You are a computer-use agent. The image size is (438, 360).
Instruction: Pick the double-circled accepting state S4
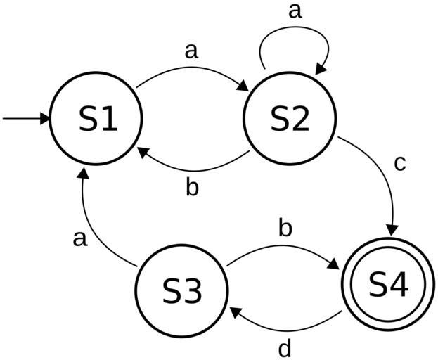tap(388, 284)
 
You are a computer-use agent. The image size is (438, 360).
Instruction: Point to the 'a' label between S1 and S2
tap(191, 51)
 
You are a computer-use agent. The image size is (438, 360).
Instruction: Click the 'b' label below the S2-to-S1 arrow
tap(192, 188)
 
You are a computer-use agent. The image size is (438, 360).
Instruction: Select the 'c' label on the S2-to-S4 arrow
tap(400, 163)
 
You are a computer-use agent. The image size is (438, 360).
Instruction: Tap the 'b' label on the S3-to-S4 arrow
tap(285, 229)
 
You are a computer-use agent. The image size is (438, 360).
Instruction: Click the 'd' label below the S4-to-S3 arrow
tap(285, 348)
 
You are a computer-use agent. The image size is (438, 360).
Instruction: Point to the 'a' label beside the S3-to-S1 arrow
tap(80, 238)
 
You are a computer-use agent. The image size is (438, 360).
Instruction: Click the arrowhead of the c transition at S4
tap(392, 230)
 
